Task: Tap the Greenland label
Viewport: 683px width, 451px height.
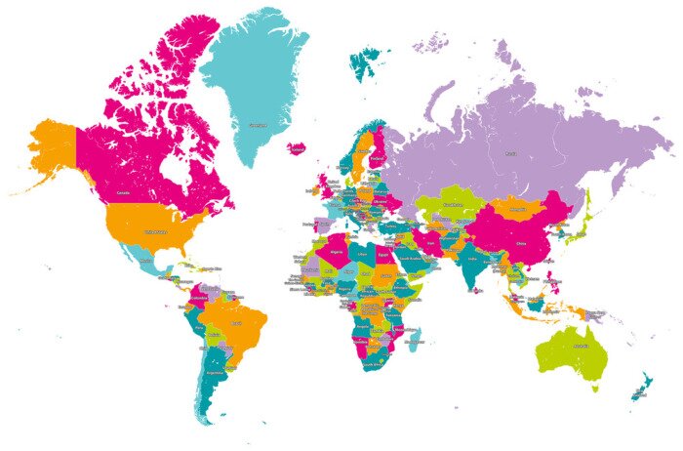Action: [259, 126]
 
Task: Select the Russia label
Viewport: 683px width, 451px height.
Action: [509, 153]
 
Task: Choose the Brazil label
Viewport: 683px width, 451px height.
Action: [234, 322]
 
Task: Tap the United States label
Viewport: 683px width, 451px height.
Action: [156, 232]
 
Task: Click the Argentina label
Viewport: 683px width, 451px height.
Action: [216, 372]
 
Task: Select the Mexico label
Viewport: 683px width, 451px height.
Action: [146, 261]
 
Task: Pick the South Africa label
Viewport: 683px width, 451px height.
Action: [372, 363]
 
